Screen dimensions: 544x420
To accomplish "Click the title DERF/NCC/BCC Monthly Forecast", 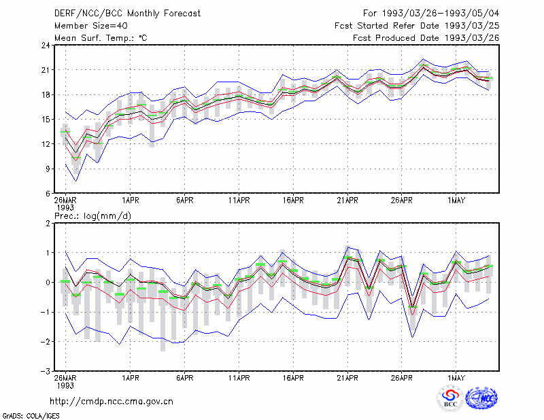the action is click(127, 14).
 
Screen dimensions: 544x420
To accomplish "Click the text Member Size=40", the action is click(91, 26).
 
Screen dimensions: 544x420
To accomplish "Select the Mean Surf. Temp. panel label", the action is click(101, 38).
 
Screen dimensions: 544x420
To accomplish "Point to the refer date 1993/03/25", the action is click(472, 26).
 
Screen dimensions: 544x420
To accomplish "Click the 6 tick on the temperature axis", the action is click(48, 194).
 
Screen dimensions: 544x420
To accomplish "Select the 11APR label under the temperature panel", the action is click(239, 200).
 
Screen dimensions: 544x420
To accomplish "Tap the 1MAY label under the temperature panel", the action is click(456, 200).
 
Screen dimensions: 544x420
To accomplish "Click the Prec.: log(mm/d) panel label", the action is click(92, 216).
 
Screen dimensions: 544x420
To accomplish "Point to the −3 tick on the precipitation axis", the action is click(46, 371).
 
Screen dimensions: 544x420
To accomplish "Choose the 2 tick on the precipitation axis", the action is click(48, 224).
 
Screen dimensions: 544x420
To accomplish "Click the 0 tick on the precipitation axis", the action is click(48, 282).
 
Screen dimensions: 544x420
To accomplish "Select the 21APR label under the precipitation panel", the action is click(347, 378).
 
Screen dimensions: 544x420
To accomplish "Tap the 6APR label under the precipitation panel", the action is click(184, 378).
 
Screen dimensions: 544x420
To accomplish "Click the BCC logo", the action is click(450, 398).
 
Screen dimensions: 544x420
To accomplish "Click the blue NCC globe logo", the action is click(481, 398).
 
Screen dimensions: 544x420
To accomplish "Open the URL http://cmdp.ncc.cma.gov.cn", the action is click(112, 402).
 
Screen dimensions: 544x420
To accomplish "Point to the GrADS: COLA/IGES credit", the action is click(31, 416).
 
